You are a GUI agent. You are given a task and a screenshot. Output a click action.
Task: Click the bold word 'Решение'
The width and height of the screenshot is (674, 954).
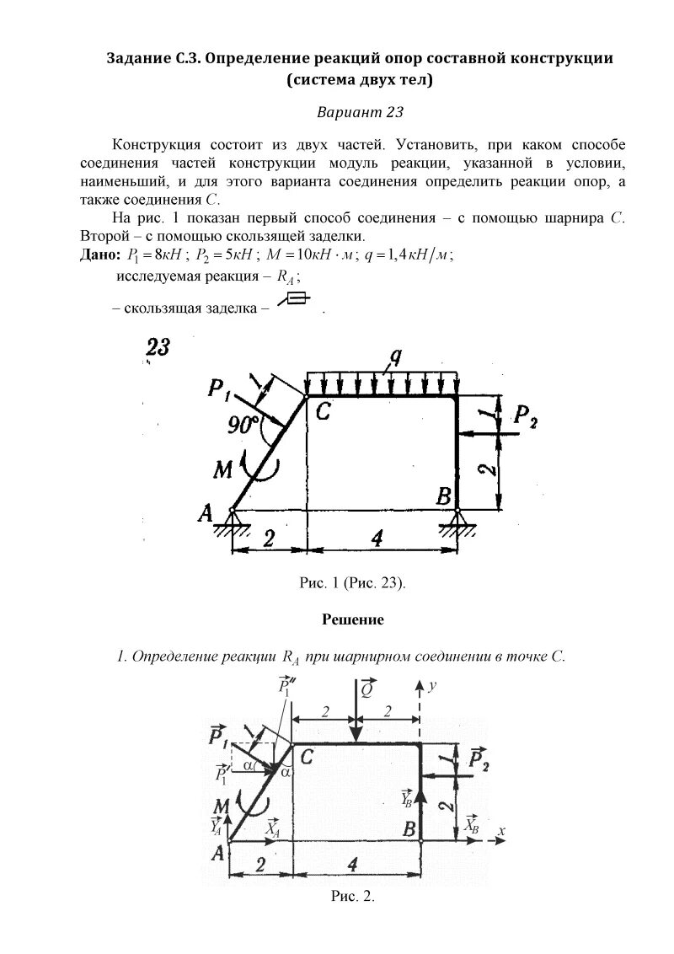click(353, 620)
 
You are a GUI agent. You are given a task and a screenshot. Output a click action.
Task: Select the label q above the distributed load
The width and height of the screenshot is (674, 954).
click(393, 357)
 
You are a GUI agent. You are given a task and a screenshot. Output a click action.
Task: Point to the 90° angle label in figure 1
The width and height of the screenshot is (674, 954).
click(243, 426)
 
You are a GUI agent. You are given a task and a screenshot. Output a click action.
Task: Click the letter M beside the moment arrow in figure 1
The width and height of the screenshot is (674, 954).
click(222, 469)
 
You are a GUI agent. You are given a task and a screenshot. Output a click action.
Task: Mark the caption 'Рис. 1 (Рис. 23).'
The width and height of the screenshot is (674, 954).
click(353, 582)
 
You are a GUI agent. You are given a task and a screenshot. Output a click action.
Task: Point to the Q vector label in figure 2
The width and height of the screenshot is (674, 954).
click(367, 689)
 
